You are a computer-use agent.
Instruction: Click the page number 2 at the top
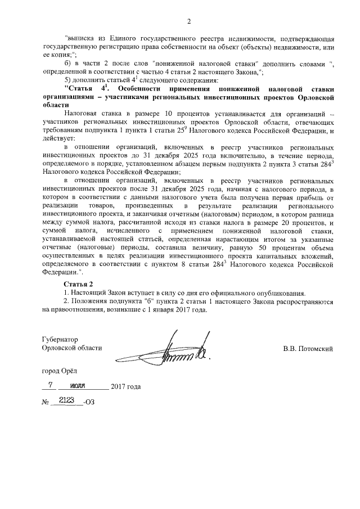[189, 22]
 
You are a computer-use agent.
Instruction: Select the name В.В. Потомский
[308, 349]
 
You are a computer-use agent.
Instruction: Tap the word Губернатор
[60, 340]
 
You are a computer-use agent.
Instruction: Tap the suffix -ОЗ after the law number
[88, 402]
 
